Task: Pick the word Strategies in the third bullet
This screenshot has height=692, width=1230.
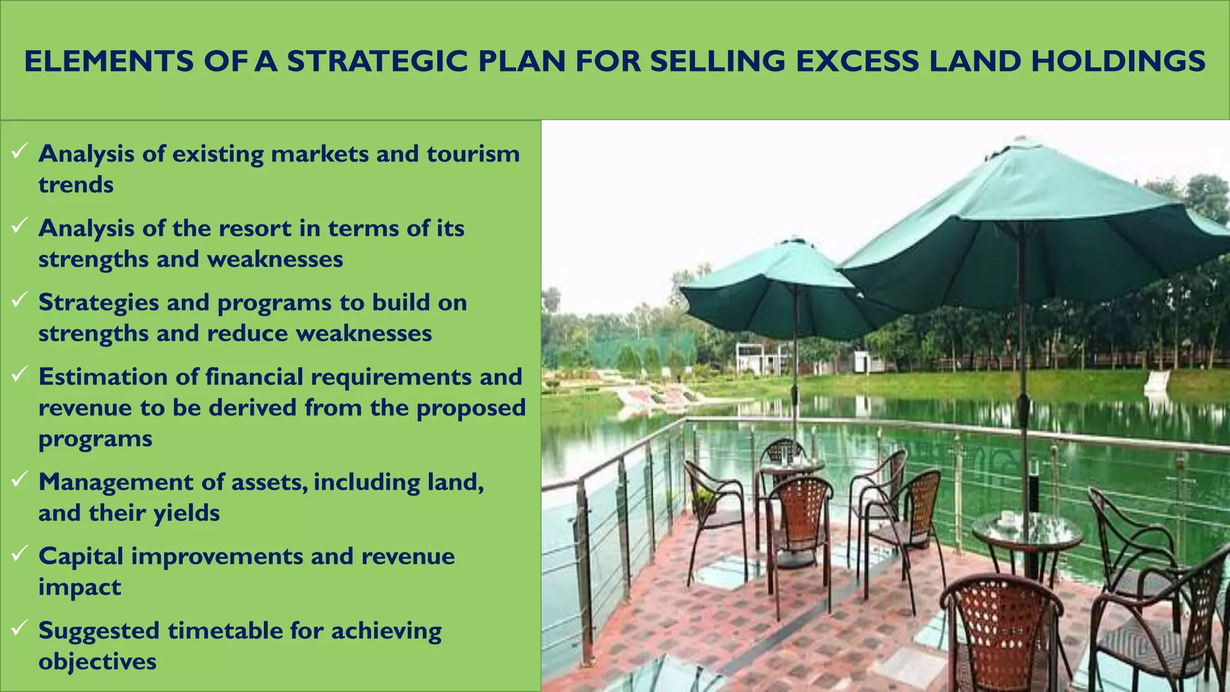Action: click(x=98, y=303)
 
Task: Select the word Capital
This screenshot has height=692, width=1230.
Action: click(x=81, y=556)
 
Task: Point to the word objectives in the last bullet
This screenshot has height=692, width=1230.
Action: click(x=97, y=661)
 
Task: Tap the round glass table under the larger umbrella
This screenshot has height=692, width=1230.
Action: click(x=1026, y=532)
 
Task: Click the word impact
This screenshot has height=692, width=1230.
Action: click(x=79, y=587)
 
